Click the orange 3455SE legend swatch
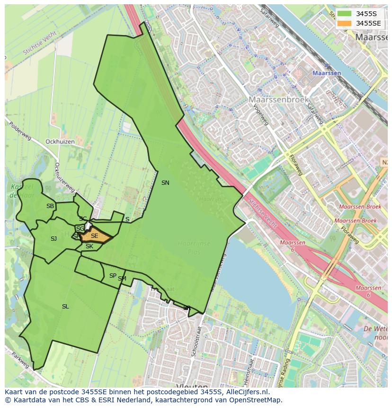pyautogui.click(x=345, y=23)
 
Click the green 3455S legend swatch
pyautogui.click(x=345, y=14)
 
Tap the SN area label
pyautogui.click(x=165, y=183)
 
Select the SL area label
pyautogui.click(x=65, y=307)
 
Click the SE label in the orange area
pyautogui.click(x=94, y=236)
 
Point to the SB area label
pyautogui.click(x=50, y=206)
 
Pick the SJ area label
pyautogui.click(x=53, y=239)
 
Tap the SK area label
pyautogui.click(x=89, y=246)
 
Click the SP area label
pyautogui.click(x=113, y=276)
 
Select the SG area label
pyautogui.click(x=80, y=229)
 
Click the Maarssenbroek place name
pyautogui.click(x=279, y=100)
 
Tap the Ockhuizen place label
pyautogui.click(x=60, y=142)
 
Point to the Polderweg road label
pyautogui.click(x=20, y=130)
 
